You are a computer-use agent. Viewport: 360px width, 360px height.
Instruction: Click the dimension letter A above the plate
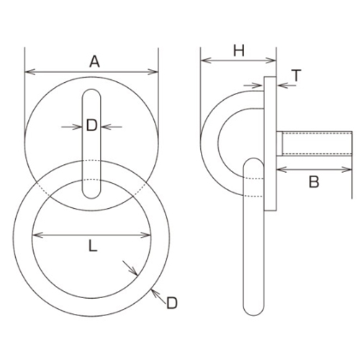(x=93, y=61)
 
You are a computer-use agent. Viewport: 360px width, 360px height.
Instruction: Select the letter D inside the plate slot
(x=92, y=126)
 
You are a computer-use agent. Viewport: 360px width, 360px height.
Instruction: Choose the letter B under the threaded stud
(x=313, y=182)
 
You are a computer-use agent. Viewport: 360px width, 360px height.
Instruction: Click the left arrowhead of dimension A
(x=28, y=71)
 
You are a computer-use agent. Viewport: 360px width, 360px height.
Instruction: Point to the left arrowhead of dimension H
(x=203, y=60)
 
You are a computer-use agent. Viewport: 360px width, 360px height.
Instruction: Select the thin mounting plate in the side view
(x=271, y=144)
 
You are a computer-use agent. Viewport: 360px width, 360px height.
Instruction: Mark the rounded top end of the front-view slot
(x=92, y=93)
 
